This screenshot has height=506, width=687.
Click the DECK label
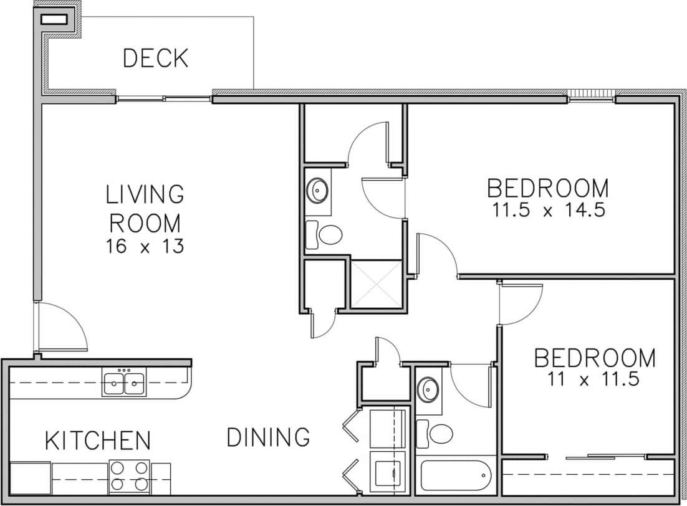coord(155,58)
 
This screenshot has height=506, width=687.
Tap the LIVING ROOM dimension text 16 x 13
coord(145,247)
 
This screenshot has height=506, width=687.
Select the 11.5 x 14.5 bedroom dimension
coord(547,210)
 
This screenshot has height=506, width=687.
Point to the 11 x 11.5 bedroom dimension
coord(595,379)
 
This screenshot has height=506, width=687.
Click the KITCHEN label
coord(98,441)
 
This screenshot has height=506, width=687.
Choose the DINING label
coord(268,437)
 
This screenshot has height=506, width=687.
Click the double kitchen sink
coord(124,382)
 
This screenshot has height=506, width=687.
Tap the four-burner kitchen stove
coord(129,477)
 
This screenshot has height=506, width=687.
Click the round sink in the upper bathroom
coord(318,188)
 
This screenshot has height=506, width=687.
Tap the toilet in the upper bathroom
coord(326,234)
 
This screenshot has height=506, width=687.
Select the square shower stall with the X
coord(376,284)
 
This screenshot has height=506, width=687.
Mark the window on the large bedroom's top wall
coord(591,95)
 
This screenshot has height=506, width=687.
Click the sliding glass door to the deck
coord(164,98)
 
